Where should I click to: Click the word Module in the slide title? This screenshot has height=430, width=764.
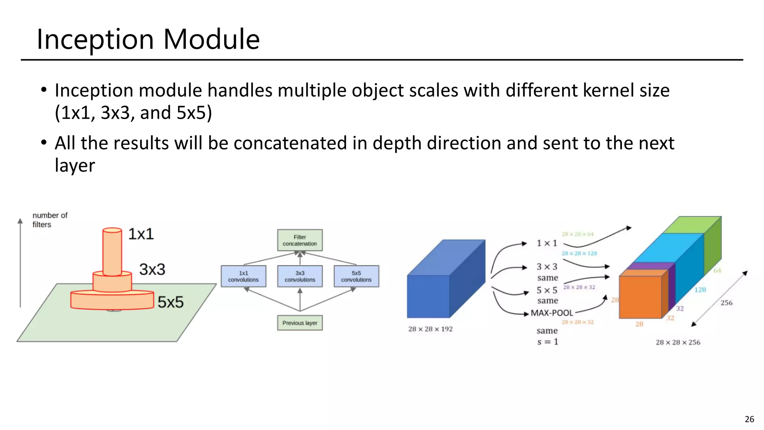(x=211, y=39)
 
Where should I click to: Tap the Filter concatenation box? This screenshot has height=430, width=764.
(x=300, y=240)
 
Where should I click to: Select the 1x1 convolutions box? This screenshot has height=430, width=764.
(x=243, y=276)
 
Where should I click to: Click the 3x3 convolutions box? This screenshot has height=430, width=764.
(x=300, y=276)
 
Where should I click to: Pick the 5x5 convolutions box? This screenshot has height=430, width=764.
(x=356, y=276)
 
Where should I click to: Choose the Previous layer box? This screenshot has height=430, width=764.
(x=300, y=323)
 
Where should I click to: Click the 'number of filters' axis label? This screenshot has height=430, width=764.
(x=50, y=220)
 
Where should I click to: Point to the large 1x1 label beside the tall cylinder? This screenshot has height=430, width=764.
(x=141, y=234)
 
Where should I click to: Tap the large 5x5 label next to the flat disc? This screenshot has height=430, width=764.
(x=170, y=302)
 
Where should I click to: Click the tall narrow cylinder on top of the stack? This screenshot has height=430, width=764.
(x=112, y=252)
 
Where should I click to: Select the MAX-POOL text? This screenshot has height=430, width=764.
(x=552, y=313)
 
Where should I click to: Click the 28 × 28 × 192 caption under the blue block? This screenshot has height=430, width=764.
(x=430, y=329)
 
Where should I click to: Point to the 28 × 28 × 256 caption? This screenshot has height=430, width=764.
(x=678, y=342)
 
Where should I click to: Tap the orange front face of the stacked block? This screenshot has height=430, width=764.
(x=640, y=297)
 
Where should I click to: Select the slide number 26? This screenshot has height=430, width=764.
(x=749, y=419)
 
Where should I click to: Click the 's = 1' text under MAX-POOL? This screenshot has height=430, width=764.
(x=547, y=342)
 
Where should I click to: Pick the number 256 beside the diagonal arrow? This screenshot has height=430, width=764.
(x=726, y=303)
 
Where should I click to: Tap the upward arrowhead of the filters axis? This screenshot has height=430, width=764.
(x=20, y=221)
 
